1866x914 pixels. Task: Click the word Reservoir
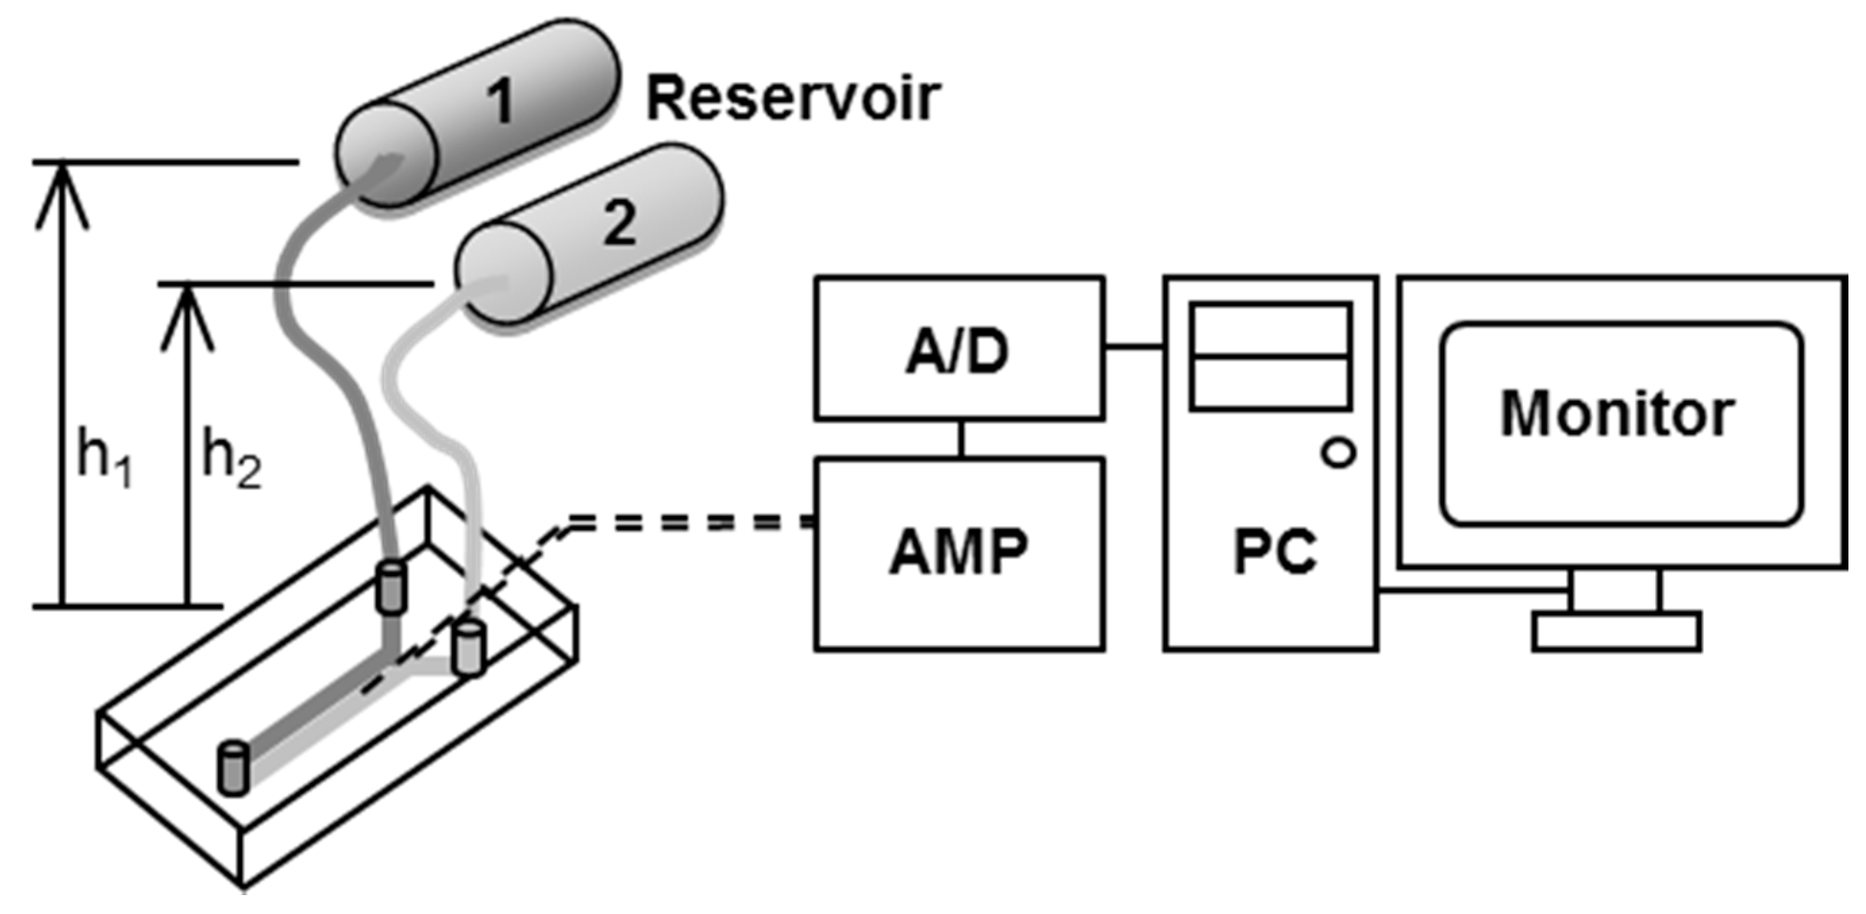[793, 100]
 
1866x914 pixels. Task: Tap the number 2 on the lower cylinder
[619, 222]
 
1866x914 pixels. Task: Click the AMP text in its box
[958, 553]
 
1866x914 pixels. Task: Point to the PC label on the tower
[1274, 553]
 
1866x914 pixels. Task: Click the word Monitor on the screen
[1617, 414]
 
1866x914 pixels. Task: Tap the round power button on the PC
[1339, 454]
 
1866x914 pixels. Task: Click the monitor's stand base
[1616, 632]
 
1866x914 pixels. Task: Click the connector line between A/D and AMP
[960, 439]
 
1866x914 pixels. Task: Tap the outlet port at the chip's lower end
[232, 768]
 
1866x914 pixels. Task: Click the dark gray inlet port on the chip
[391, 587]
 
